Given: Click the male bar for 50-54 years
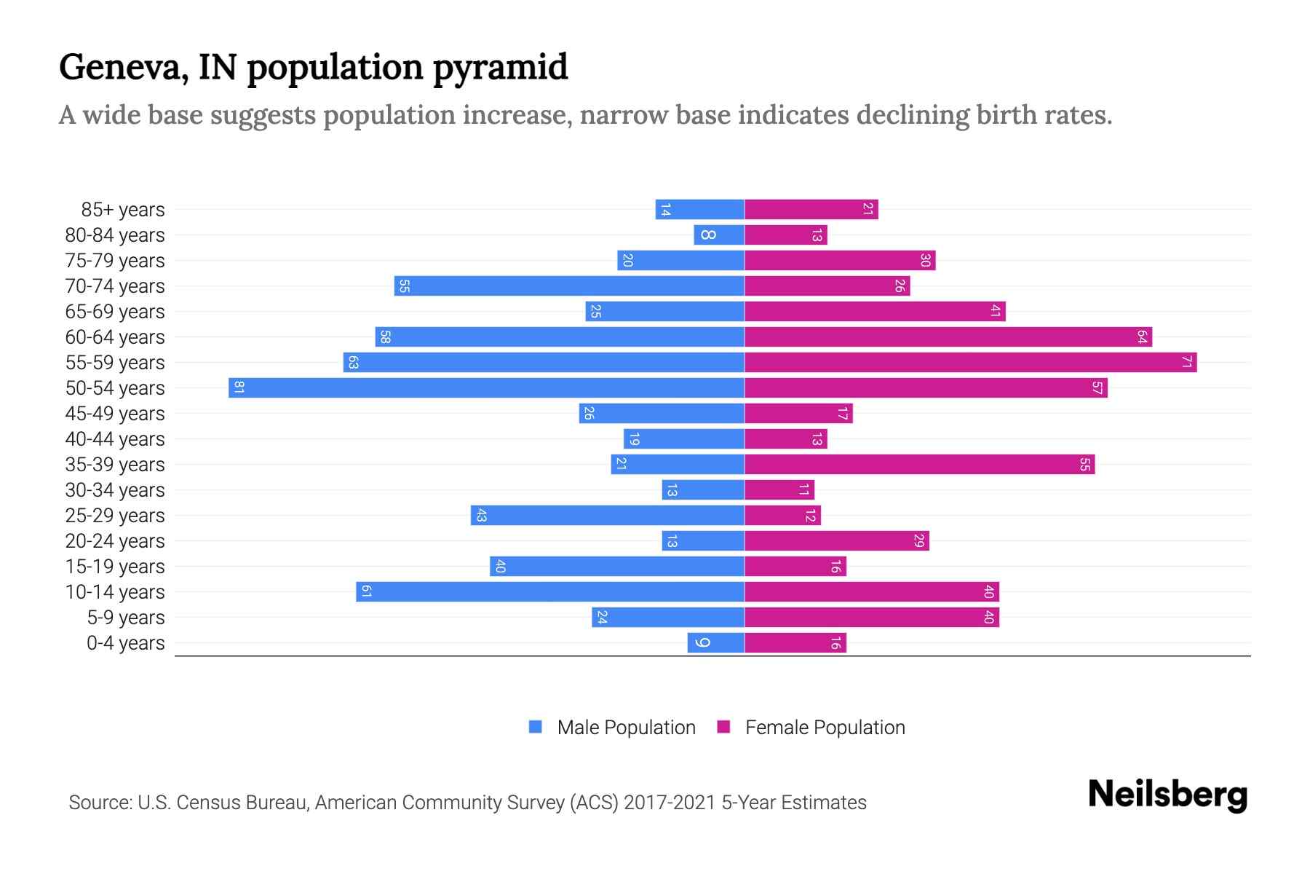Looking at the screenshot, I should click(x=486, y=387).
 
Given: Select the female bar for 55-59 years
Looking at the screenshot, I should click(x=970, y=362).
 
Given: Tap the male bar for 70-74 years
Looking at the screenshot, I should click(x=569, y=286).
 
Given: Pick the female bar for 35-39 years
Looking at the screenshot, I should click(x=919, y=464).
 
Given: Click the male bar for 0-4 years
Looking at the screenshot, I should click(x=715, y=642).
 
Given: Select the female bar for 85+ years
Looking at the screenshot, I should click(x=811, y=209).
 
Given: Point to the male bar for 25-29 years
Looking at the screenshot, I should click(x=607, y=515).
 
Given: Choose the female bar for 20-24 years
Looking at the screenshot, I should click(x=836, y=540).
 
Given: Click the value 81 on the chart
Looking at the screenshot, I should click(x=239, y=387).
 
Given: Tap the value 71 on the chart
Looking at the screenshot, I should click(x=1186, y=362).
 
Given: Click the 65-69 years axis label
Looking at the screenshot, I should click(x=115, y=312).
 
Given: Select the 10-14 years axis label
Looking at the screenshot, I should click(x=115, y=592).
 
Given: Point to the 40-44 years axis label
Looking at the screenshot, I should click(x=115, y=439).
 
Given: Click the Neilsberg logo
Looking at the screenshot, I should click(x=1167, y=795).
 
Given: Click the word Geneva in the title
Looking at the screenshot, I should click(x=119, y=67).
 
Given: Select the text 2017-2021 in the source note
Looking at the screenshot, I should click(x=670, y=803).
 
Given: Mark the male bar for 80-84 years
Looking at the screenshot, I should click(x=719, y=235).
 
